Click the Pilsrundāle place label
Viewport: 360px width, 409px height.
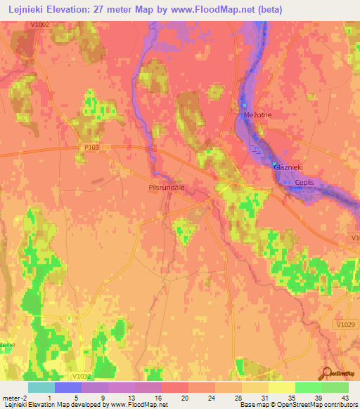tap(167, 188)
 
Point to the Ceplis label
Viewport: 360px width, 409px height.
tap(304, 182)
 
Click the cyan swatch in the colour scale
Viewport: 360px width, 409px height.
tap(41, 387)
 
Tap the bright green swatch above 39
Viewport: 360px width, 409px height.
tap(309, 387)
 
